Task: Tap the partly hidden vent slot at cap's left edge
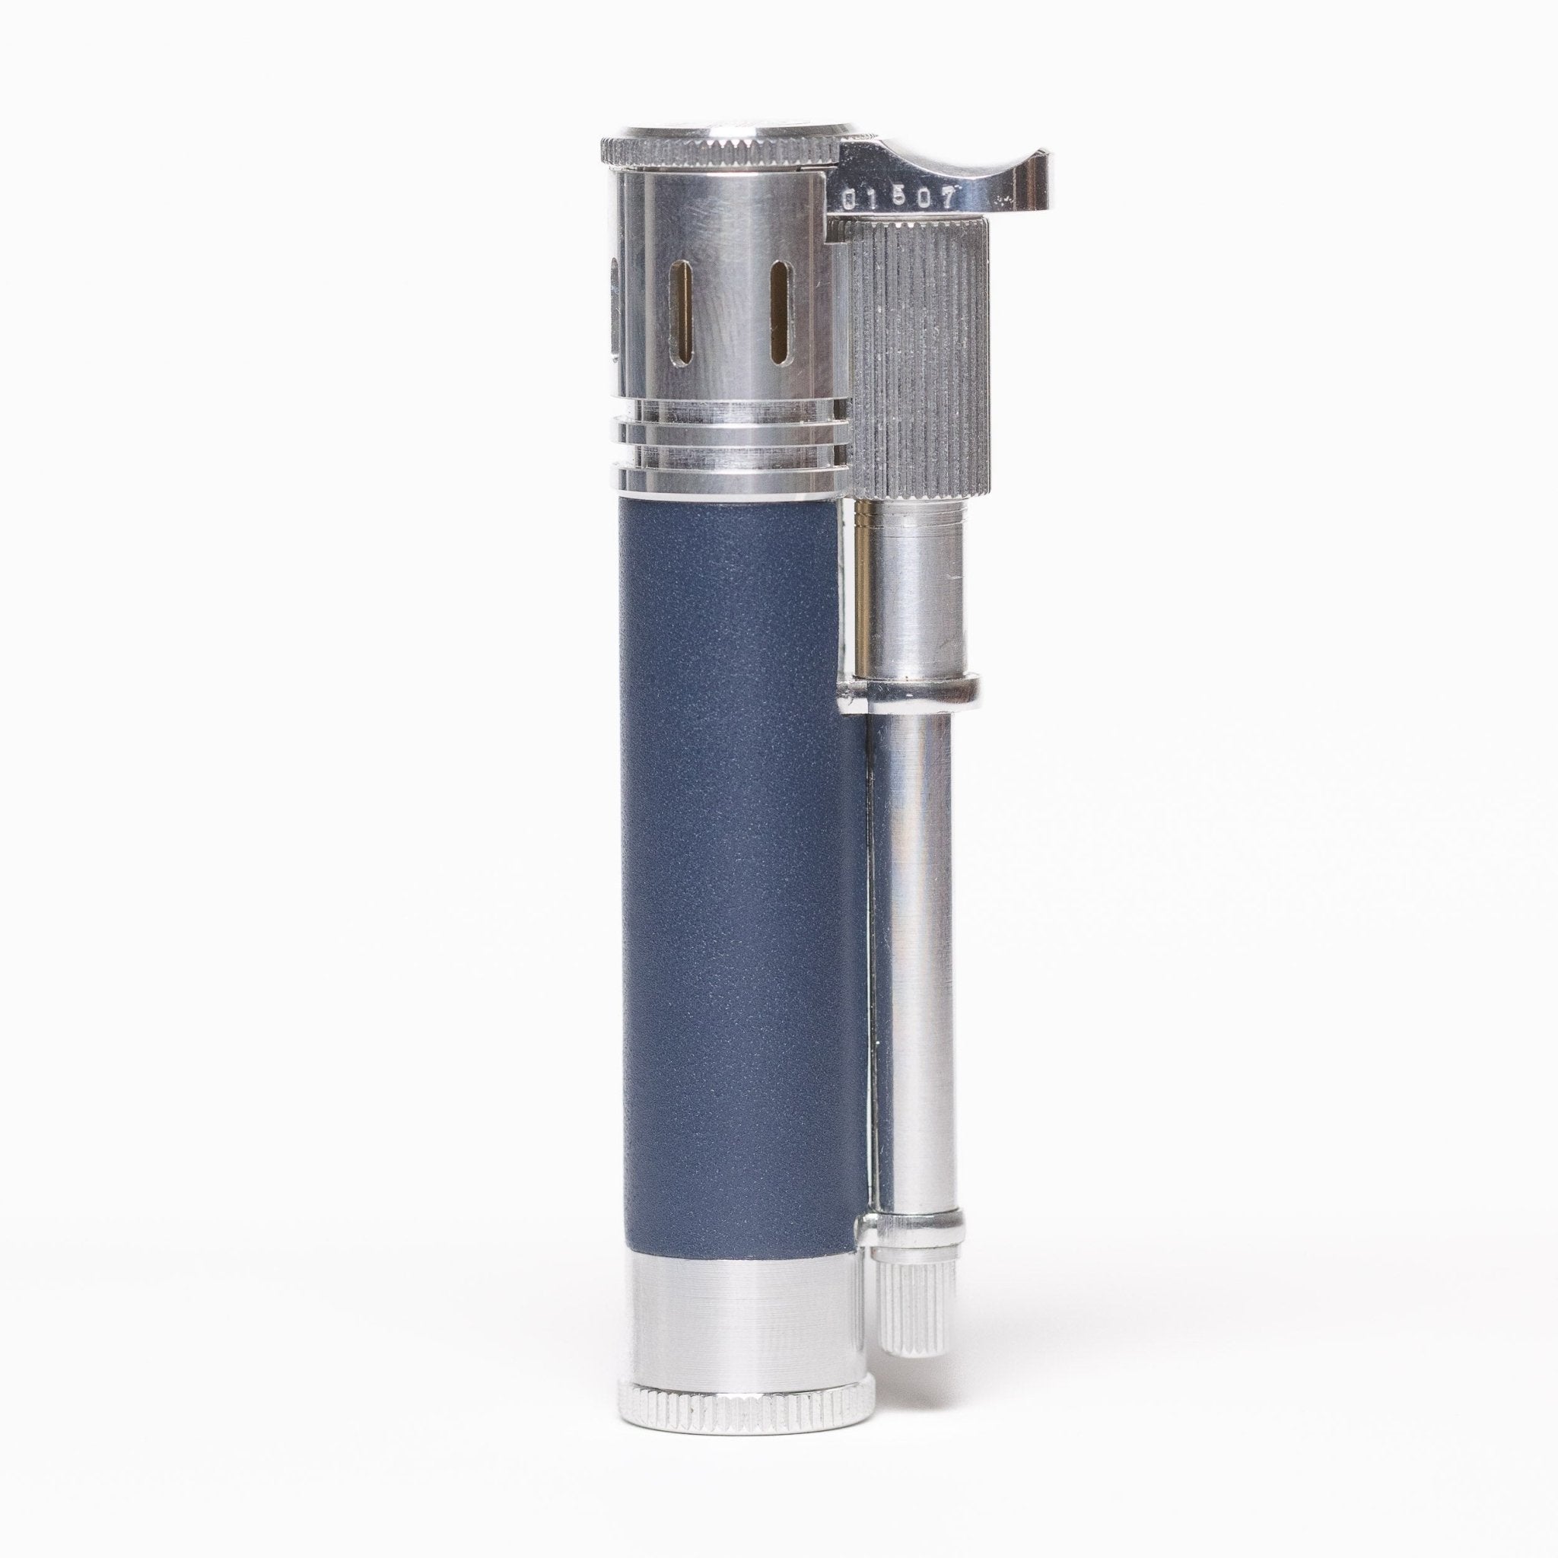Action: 614,303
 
